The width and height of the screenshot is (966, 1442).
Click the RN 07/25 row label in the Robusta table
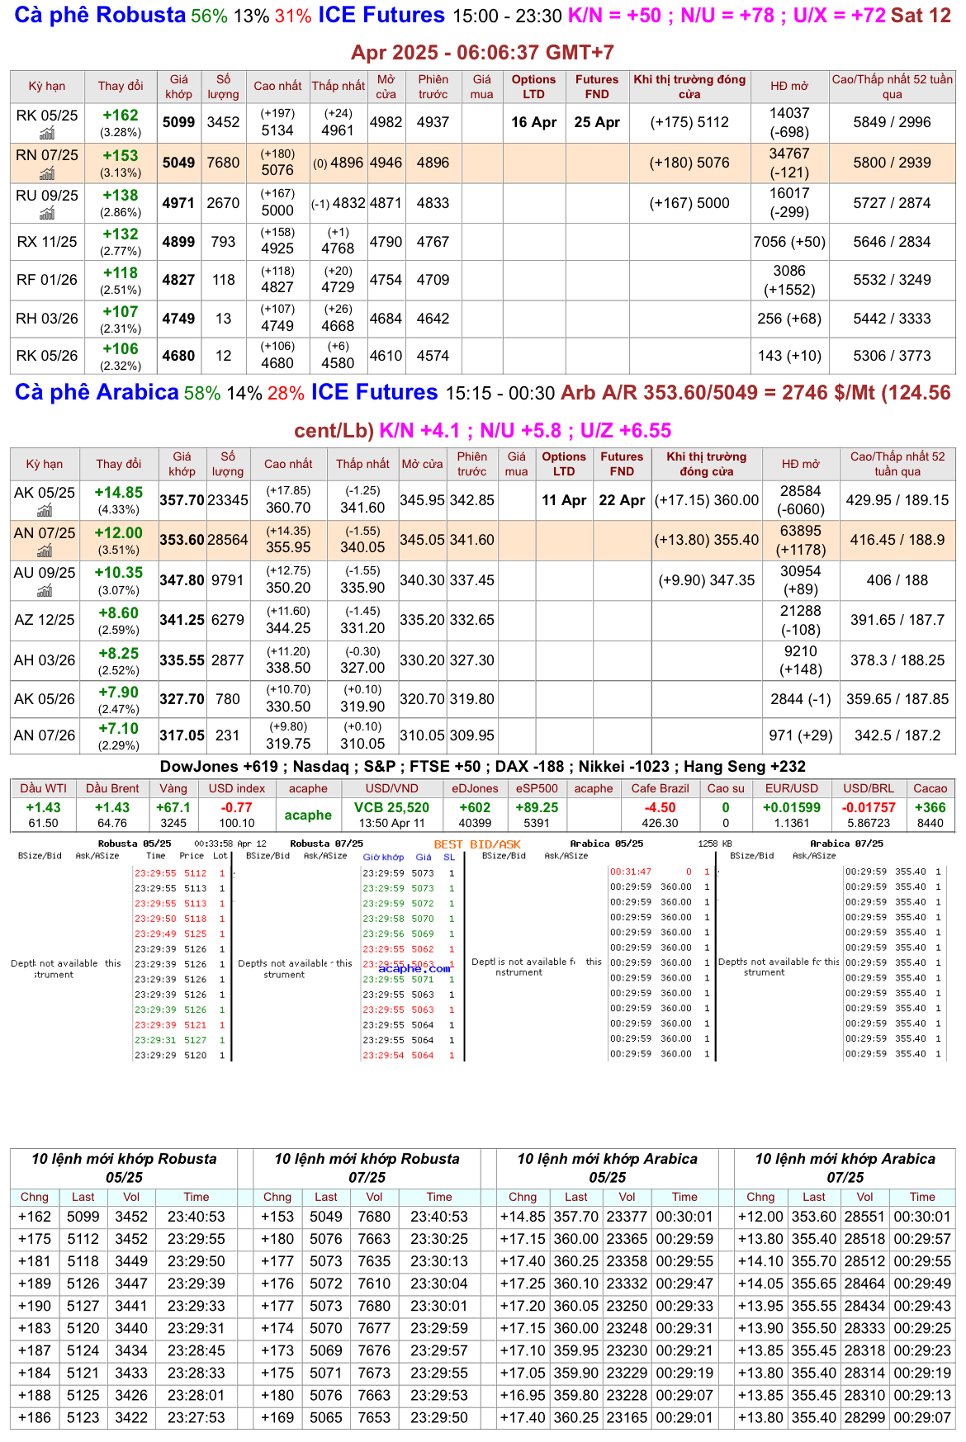pos(47,155)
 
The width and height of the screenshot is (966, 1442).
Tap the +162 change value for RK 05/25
pos(121,116)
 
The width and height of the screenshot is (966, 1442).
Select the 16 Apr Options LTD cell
pos(533,122)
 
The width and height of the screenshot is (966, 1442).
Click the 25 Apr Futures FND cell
pos(597,122)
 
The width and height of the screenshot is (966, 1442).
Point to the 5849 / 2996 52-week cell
pos(892,122)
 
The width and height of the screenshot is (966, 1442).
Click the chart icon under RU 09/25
pos(47,214)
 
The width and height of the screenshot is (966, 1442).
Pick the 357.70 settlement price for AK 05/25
pos(182,500)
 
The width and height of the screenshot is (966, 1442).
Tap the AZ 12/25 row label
pos(45,620)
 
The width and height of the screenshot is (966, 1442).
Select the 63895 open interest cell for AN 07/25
pos(800,531)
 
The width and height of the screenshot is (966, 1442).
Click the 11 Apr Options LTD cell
pos(564,500)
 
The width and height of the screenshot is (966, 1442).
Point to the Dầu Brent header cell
pos(112,788)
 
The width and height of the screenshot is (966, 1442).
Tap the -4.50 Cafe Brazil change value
pos(660,808)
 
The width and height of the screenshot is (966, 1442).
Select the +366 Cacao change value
pos(930,808)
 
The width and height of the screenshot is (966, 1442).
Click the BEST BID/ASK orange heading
pos(477,844)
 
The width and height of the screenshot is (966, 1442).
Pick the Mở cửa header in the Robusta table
pos(386,86)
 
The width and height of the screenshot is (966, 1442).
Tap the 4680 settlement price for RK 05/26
pos(178,356)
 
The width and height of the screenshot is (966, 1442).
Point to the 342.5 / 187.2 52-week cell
pos(897,735)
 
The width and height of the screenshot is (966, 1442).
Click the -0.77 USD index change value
pos(236,808)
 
